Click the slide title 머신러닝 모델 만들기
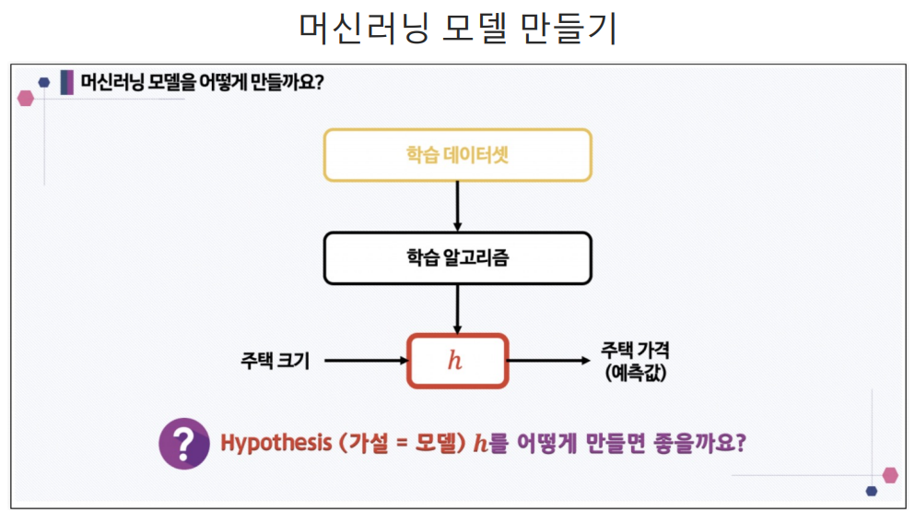coord(457,29)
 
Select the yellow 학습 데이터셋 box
coord(457,155)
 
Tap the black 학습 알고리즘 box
coord(457,257)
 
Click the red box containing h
coord(457,361)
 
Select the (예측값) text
coord(636,374)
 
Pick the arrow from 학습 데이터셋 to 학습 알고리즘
coord(457,206)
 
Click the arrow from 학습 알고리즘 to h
coord(457,309)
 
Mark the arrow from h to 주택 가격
coord(548,361)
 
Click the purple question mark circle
coord(183,444)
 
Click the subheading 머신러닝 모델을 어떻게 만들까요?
coord(203,82)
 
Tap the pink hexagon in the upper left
coord(26,98)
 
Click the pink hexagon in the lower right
coord(890,475)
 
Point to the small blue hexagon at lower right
coord(872,491)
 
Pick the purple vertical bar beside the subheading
coord(66,82)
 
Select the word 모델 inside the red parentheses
coord(434,443)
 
